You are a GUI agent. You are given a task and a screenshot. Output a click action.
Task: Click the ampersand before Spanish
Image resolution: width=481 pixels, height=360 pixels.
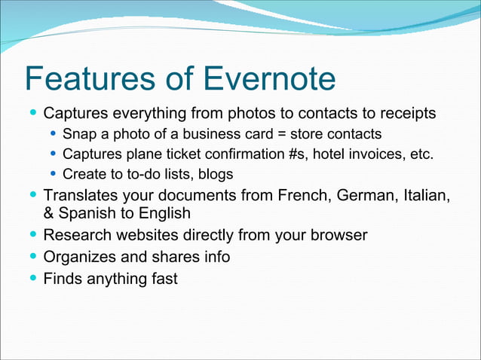50,213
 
